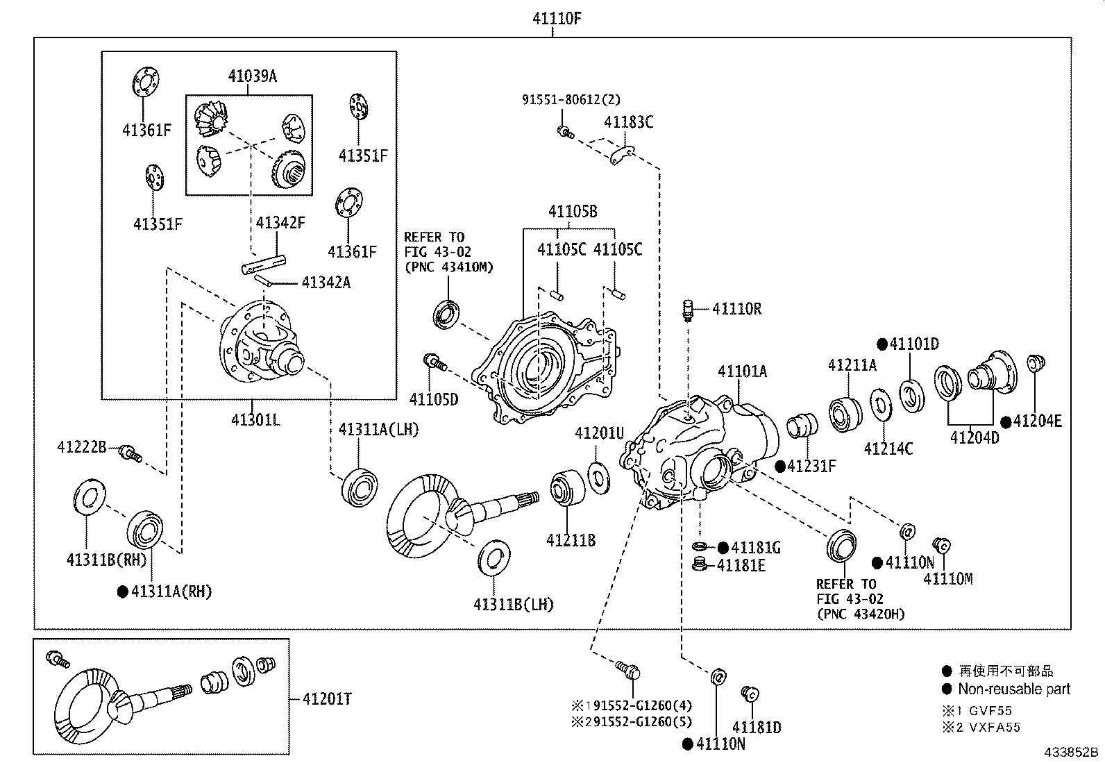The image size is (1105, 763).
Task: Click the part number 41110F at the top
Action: click(556, 19)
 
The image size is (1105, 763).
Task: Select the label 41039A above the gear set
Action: click(252, 76)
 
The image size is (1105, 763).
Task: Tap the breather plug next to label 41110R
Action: click(689, 310)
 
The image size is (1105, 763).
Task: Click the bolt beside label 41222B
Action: click(129, 454)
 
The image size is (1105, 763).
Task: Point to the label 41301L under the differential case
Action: click(255, 419)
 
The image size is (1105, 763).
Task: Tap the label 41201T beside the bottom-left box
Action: click(326, 699)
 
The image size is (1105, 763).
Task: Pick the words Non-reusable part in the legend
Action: click(1014, 689)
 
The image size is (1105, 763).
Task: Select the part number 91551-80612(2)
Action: click(571, 100)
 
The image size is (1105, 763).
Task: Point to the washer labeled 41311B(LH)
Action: click(492, 556)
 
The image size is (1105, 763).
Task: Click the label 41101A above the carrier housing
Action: click(742, 371)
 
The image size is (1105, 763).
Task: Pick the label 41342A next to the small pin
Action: click(326, 282)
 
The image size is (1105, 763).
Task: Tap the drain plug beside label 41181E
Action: click(701, 564)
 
